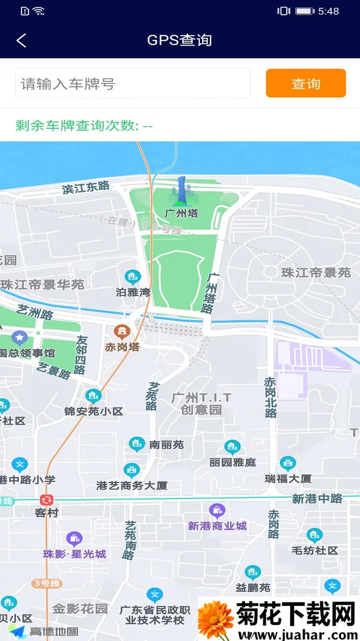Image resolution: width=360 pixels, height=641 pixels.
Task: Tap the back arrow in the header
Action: pyautogui.click(x=21, y=40)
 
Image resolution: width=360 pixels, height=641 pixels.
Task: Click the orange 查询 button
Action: pyautogui.click(x=305, y=83)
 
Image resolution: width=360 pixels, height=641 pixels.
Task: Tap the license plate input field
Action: pyautogui.click(x=133, y=84)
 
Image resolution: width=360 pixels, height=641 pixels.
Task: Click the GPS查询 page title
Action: pyautogui.click(x=180, y=40)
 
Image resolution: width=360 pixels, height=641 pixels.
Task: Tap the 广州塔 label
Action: pyautogui.click(x=181, y=213)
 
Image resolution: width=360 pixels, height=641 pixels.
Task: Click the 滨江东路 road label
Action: pyautogui.click(x=86, y=188)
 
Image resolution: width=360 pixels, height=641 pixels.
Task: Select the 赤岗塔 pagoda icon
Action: pyautogui.click(x=122, y=331)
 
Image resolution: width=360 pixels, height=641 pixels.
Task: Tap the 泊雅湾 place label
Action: pyautogui.click(x=133, y=292)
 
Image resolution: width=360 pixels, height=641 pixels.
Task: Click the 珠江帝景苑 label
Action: pyautogui.click(x=316, y=272)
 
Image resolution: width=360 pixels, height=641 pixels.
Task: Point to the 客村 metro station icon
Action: pyautogui.click(x=47, y=500)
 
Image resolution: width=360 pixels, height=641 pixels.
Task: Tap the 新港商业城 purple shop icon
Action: pyautogui.click(x=217, y=510)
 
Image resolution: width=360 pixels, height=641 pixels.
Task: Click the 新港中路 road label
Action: pyautogui.click(x=317, y=499)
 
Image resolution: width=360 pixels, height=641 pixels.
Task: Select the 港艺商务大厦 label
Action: pyautogui.click(x=132, y=485)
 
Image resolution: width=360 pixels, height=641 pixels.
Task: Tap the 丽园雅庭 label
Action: pyautogui.click(x=232, y=462)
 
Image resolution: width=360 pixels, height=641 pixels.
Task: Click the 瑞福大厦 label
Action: pyautogui.click(x=288, y=478)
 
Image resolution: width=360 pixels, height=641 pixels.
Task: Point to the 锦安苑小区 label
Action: pyautogui.click(x=94, y=411)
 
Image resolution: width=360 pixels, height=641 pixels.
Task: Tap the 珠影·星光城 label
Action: pyautogui.click(x=75, y=554)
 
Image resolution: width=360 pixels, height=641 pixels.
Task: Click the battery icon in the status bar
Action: pyautogui.click(x=304, y=11)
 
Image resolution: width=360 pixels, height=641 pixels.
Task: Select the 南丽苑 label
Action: pyautogui.click(x=167, y=444)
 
